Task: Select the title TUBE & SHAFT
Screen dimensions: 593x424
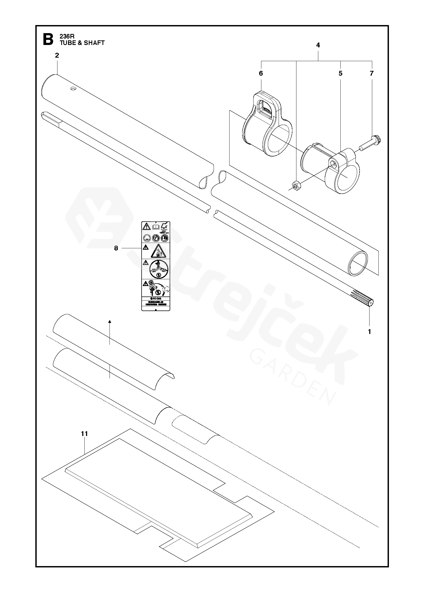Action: [82, 43]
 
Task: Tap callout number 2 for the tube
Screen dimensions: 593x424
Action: [57, 55]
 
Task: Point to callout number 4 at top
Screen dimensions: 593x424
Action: [318, 45]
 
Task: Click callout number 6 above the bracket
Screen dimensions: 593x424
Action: [261, 74]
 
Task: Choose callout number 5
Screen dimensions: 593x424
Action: [340, 74]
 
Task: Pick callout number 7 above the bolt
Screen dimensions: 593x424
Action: [372, 74]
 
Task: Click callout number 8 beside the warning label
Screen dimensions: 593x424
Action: [116, 248]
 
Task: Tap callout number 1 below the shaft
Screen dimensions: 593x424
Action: [370, 332]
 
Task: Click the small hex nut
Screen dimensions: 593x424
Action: [296, 185]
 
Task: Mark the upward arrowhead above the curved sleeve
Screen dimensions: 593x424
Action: [110, 322]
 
